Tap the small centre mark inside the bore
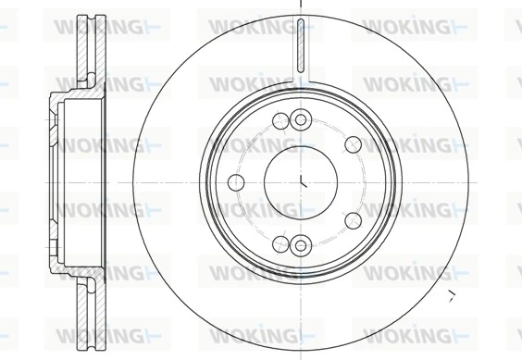click(x=304, y=181)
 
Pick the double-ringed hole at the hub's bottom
click(x=299, y=244)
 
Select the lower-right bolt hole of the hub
click(x=353, y=219)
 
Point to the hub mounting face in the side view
click(x=48, y=180)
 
